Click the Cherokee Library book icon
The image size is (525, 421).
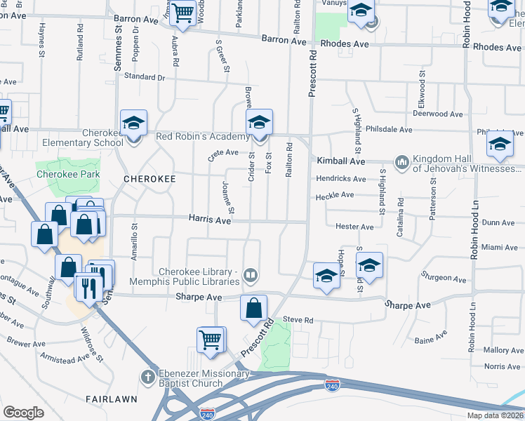click(x=251, y=276)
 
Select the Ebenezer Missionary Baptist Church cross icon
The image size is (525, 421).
click(x=147, y=377)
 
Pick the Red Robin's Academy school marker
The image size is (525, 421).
click(x=259, y=123)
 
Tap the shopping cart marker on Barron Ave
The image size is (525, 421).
click(x=182, y=13)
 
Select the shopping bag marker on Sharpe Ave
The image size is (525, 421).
click(x=253, y=308)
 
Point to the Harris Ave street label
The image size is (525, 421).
click(x=209, y=220)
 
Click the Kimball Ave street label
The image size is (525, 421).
click(x=341, y=161)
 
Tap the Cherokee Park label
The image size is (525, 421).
click(x=69, y=174)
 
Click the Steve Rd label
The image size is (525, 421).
click(x=298, y=320)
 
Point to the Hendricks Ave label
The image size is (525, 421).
click(x=340, y=179)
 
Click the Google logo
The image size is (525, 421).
click(x=23, y=413)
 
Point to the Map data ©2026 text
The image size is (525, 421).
click(x=496, y=415)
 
